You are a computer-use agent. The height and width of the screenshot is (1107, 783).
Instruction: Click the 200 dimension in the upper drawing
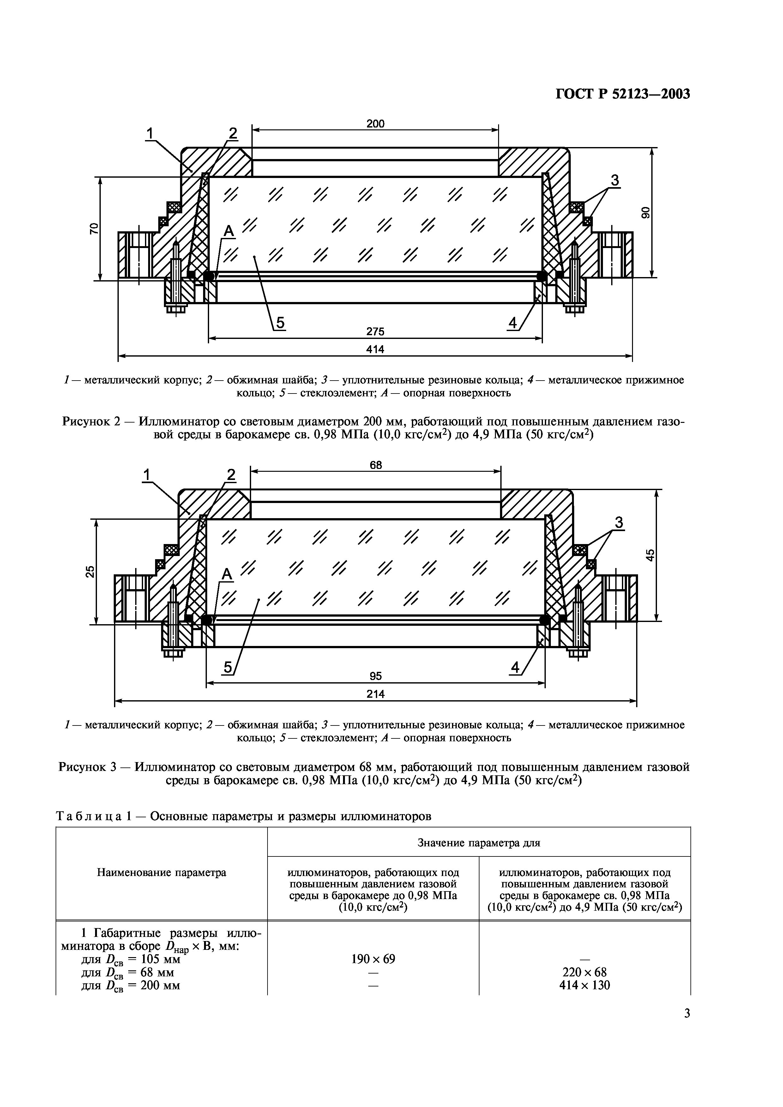(x=375, y=124)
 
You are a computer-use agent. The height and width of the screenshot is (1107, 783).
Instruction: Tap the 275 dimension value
(x=375, y=332)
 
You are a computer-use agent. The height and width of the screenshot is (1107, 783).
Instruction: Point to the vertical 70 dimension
(x=94, y=228)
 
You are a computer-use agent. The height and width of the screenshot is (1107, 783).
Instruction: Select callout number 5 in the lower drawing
(x=227, y=667)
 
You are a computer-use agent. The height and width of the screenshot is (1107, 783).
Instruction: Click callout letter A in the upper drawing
(x=228, y=232)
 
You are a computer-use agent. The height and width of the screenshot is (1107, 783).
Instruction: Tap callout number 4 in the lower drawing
(x=515, y=667)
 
